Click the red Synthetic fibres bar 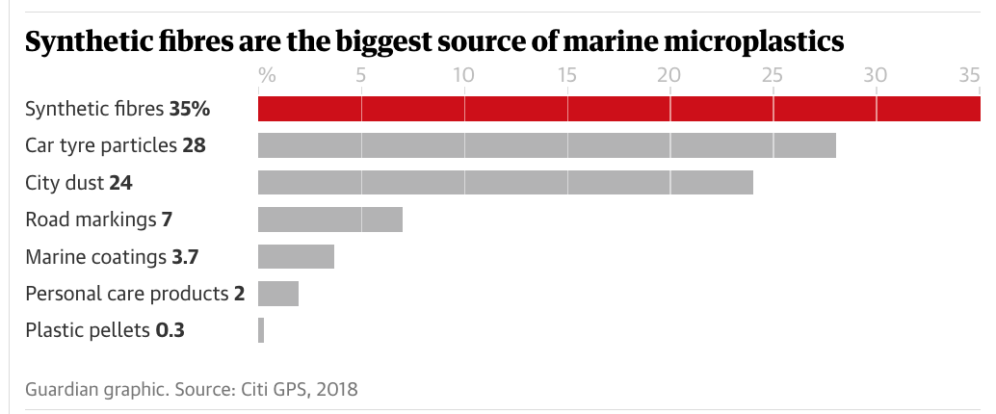[x=618, y=109]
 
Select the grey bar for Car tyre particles [x=546, y=145]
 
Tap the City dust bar [x=505, y=182]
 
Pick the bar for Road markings [x=329, y=219]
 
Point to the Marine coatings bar [x=296, y=256]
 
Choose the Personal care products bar [x=278, y=293]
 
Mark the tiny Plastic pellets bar [x=261, y=330]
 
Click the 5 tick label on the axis [x=360, y=74]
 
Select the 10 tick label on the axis [x=463, y=74]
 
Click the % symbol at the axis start [x=267, y=74]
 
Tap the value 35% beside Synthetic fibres [x=190, y=109]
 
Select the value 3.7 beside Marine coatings [x=185, y=257]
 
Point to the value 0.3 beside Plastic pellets [x=170, y=330]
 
